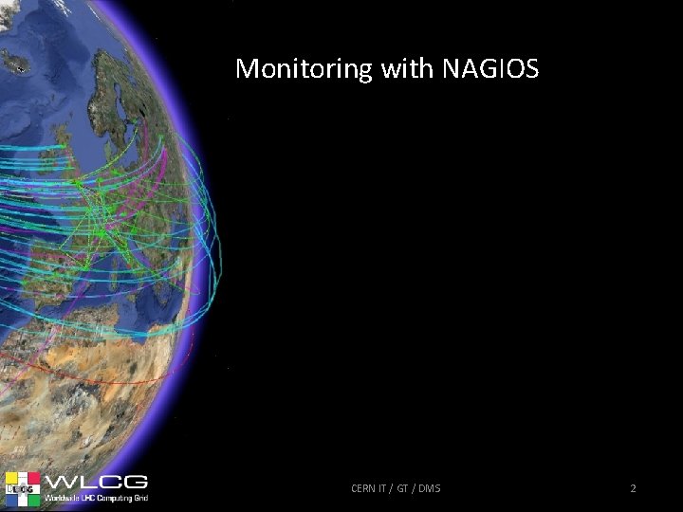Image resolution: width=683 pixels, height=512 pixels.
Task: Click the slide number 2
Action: click(633, 488)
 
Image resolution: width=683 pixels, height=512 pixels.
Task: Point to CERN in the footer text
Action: click(363, 488)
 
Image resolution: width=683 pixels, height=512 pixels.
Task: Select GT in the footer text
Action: click(402, 488)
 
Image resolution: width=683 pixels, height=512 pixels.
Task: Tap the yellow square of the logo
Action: click(12, 479)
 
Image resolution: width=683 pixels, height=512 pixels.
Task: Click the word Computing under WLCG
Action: click(113, 498)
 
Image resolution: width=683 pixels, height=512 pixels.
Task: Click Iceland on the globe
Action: click(16, 62)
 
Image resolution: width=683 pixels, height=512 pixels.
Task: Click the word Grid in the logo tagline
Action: click(139, 498)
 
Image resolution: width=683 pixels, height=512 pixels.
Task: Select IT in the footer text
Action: click(385, 488)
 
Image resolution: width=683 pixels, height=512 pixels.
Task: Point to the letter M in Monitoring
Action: click(246, 69)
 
